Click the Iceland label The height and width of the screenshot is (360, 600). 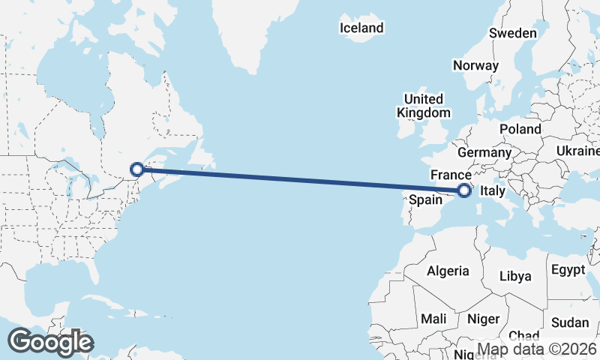361,28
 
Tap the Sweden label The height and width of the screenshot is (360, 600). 512,33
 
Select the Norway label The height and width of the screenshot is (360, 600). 475,65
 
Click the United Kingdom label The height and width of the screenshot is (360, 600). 424,106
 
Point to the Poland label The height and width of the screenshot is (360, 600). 520,129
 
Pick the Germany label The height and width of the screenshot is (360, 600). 484,152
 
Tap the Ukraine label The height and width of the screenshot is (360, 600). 577,151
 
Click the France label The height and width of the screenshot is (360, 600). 450,174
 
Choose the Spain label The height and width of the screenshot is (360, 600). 425,200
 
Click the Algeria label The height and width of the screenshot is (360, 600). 448,271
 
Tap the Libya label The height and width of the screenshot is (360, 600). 515,276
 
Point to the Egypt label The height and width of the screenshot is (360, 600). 568,268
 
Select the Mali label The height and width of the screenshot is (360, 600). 433,319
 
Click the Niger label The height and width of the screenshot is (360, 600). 483,319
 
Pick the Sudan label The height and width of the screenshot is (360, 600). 570,322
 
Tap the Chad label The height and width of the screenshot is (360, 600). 523,335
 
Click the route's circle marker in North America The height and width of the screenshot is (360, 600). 137,169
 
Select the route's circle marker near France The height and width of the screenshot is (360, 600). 464,190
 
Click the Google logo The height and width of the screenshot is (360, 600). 50,342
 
